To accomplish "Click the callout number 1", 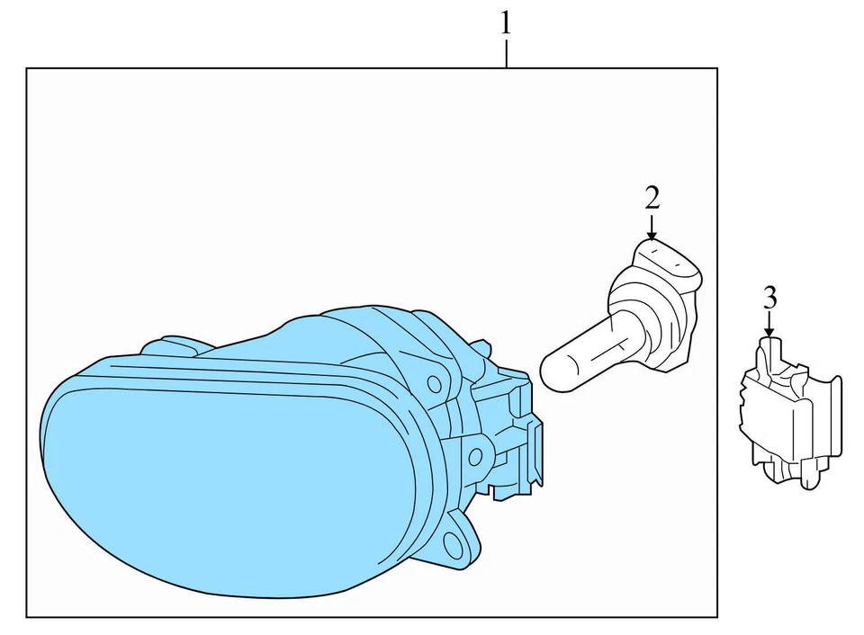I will tap(506, 22).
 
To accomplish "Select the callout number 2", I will tap(652, 197).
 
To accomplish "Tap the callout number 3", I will tap(769, 297).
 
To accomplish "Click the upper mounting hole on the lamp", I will tap(435, 384).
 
